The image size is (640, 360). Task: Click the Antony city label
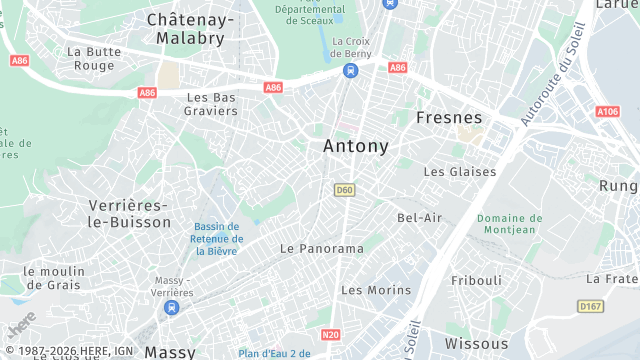point(355,146)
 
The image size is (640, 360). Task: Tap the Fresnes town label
point(449,117)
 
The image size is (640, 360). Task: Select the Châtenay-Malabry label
point(190,28)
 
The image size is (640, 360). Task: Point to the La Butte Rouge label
point(95,58)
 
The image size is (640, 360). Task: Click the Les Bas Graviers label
point(212,104)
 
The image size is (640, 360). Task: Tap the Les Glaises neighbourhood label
point(459,172)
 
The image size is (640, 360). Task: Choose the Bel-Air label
point(419,217)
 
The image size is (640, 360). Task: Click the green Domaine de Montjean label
point(509,224)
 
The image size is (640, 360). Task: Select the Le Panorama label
point(322,248)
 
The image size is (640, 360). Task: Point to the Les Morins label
point(376,290)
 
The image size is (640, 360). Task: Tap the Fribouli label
point(476,281)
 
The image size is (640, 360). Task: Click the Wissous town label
point(477,343)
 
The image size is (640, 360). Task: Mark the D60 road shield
point(345,190)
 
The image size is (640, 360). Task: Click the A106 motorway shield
point(607,112)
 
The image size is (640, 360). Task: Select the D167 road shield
point(590,306)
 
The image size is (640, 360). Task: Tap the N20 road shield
point(331,337)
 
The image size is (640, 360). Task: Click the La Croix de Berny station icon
point(350,70)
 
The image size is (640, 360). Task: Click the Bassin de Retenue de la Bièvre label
point(218,239)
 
